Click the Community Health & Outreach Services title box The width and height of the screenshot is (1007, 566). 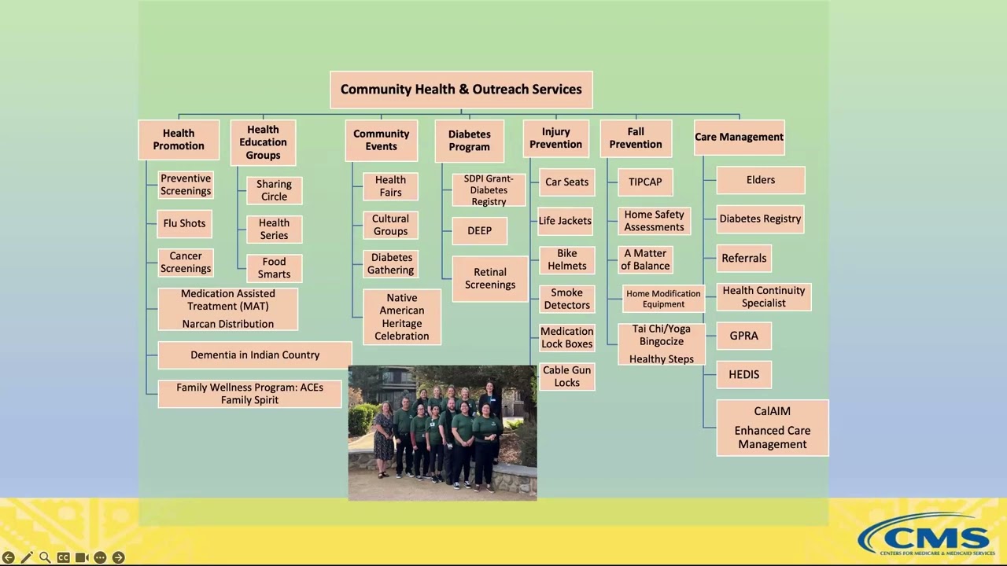coord(461,90)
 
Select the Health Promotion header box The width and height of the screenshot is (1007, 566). coord(179,139)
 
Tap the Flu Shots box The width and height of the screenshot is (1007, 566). coord(184,223)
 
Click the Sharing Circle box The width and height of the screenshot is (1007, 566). coord(274,190)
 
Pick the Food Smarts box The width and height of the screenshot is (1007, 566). coord(274,268)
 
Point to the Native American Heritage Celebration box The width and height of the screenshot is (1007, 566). coord(401,317)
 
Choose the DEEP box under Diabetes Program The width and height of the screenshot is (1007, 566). coord(479,231)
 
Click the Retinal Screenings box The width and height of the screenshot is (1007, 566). coord(489,278)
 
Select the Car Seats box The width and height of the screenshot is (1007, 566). coord(566,182)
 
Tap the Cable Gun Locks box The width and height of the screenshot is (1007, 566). coord(566,377)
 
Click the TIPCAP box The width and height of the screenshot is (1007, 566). coord(645,182)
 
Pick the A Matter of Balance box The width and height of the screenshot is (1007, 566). coord(645,259)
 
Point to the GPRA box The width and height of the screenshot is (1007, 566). coord(743,336)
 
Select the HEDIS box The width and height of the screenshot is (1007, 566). coord(743,374)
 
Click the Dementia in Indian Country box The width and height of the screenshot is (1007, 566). coord(255,355)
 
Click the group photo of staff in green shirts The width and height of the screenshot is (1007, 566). coord(442,432)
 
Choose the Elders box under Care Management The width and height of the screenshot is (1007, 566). coord(760,180)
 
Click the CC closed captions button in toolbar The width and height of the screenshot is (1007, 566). coord(63,557)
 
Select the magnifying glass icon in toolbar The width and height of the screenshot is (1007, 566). coord(45,557)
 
